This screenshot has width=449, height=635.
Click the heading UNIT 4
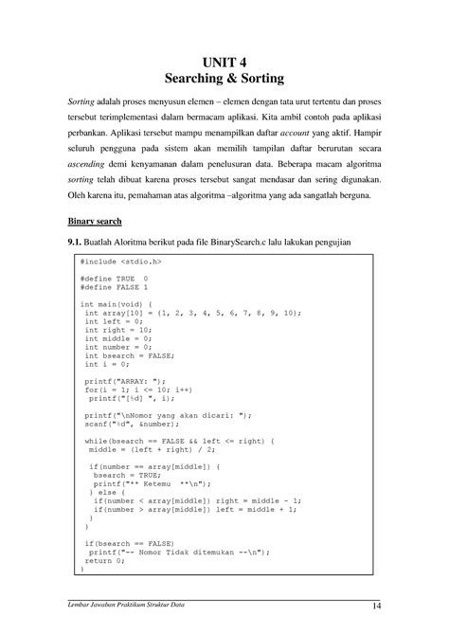(x=224, y=63)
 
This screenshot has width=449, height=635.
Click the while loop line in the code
(x=180, y=441)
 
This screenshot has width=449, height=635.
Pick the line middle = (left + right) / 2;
(x=156, y=449)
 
